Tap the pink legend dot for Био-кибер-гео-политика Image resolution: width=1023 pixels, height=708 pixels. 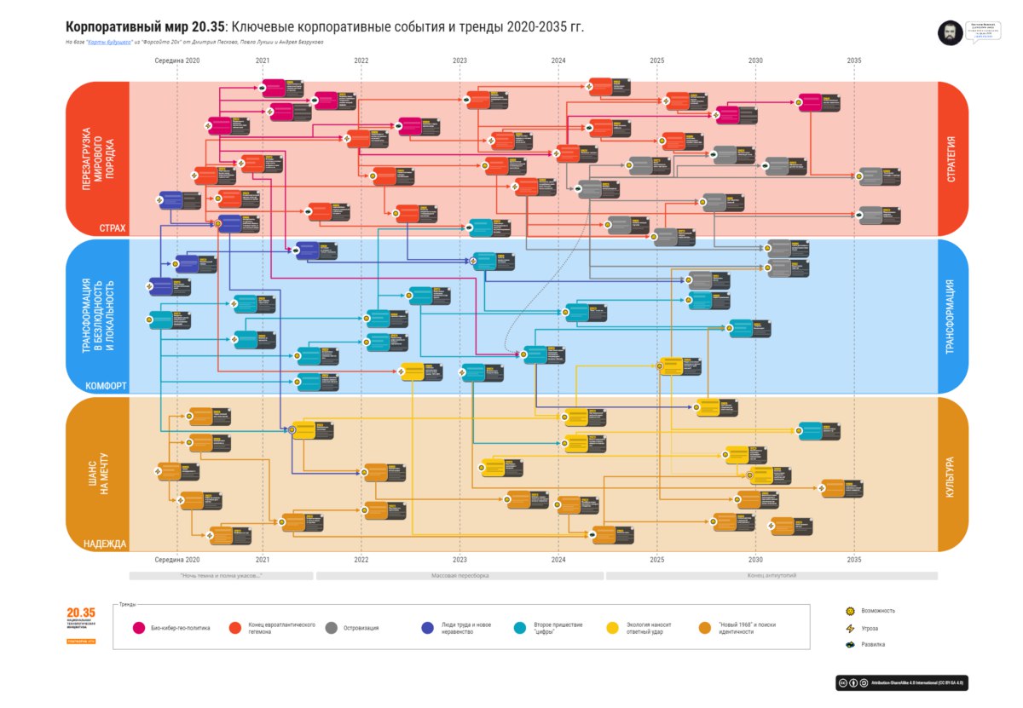click(139, 628)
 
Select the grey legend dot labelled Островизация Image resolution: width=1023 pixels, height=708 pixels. click(332, 628)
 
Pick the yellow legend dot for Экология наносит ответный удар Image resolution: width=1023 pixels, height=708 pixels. click(612, 628)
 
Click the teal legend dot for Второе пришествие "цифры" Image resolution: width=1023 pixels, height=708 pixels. click(521, 628)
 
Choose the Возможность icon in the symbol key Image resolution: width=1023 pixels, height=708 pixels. click(849, 611)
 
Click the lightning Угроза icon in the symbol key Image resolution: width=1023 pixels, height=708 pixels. click(849, 628)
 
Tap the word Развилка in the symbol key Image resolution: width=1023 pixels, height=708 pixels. click(873, 644)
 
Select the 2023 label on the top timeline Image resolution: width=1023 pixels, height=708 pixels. click(460, 60)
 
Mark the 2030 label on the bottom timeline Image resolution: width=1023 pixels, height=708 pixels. click(755, 560)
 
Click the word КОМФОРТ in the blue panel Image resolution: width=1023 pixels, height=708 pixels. click(106, 386)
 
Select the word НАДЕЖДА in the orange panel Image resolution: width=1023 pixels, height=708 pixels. click(105, 544)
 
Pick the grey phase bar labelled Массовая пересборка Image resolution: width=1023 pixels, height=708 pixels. click(459, 576)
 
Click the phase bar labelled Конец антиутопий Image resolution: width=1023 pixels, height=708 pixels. click(771, 576)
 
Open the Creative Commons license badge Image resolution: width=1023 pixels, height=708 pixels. click(903, 682)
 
